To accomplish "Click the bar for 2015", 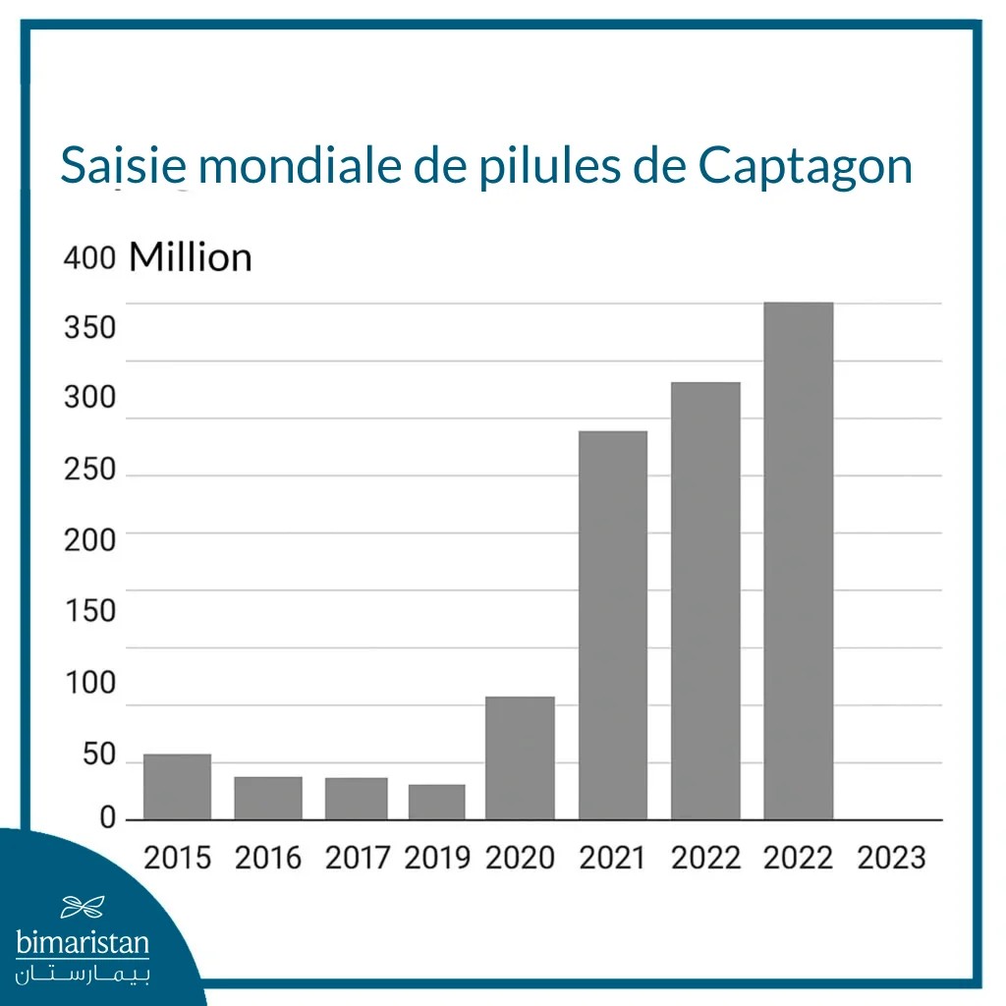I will tap(177, 786).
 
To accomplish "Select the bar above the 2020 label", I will tap(520, 757).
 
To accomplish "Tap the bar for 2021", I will tap(612, 625).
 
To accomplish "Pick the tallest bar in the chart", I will tap(798, 560).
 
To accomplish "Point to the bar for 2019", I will tap(436, 802).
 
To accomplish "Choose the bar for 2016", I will tap(268, 798).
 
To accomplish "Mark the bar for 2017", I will tap(356, 798).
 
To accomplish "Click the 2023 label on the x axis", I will tap(891, 858).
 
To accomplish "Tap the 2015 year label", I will tap(177, 858).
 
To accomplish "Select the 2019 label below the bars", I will tap(437, 858).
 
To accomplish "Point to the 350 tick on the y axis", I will tap(89, 327).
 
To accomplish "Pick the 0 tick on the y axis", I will tap(107, 818).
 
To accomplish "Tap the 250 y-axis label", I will tap(89, 470).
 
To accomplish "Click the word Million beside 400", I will tap(191, 257).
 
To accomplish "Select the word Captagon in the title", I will tap(806, 167).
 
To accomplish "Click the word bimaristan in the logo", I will tap(83, 944).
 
